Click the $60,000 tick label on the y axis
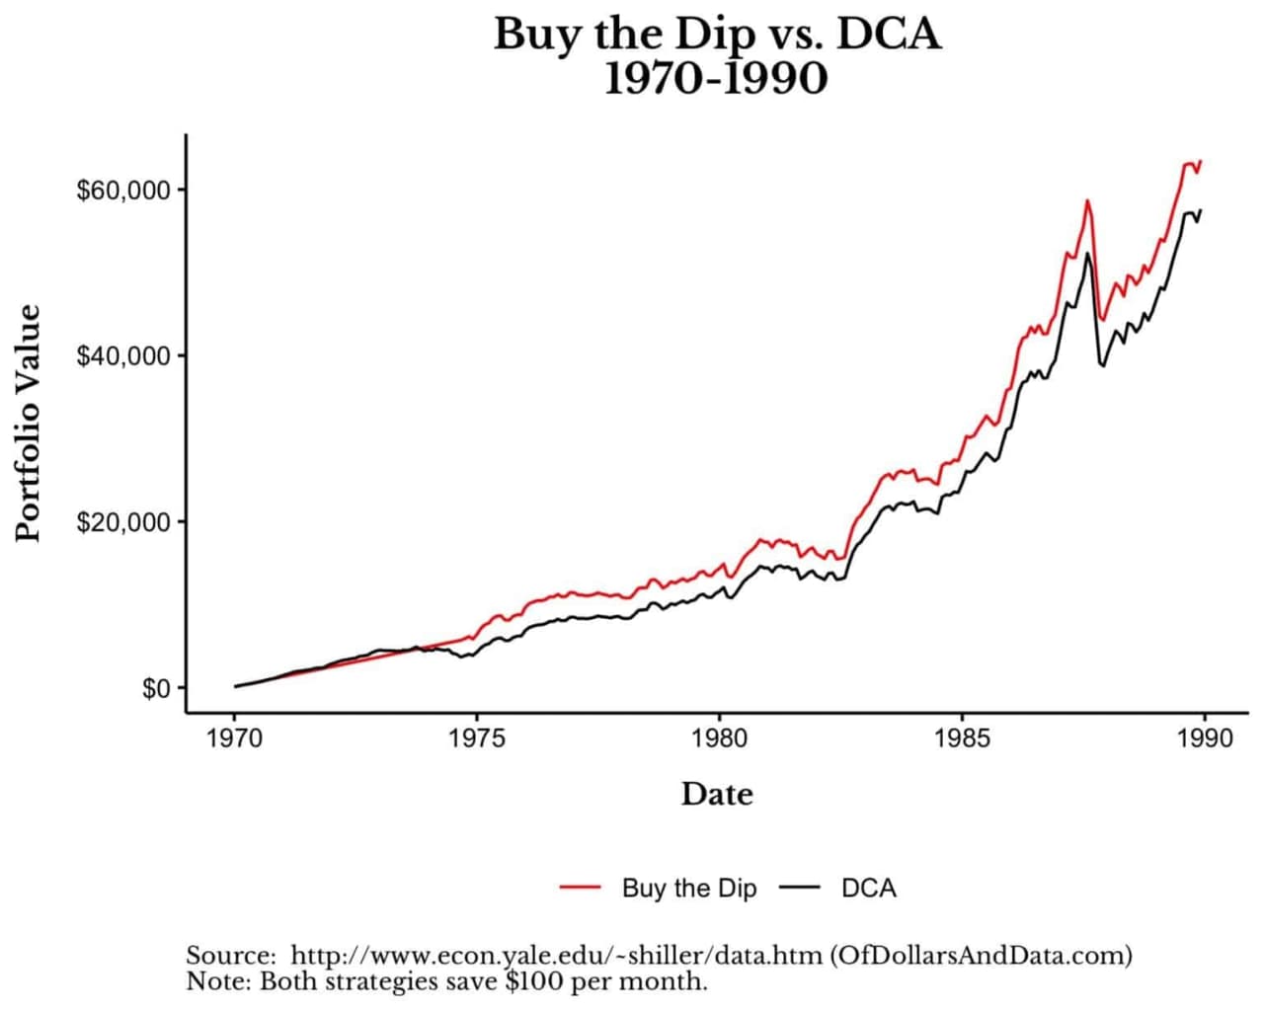click(x=123, y=190)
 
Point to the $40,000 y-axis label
click(x=123, y=355)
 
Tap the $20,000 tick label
click(x=123, y=521)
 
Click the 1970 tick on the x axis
click(x=234, y=739)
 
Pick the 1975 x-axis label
click(x=477, y=739)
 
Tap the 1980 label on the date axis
click(x=719, y=739)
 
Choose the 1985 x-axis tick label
click(x=962, y=739)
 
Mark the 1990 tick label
click(x=1205, y=739)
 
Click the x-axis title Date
click(x=717, y=794)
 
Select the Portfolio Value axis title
click(x=30, y=423)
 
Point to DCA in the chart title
click(x=889, y=35)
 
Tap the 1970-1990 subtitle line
click(x=716, y=79)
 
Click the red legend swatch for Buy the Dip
click(x=581, y=888)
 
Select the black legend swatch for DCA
click(x=800, y=888)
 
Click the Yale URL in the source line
click(x=557, y=956)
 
